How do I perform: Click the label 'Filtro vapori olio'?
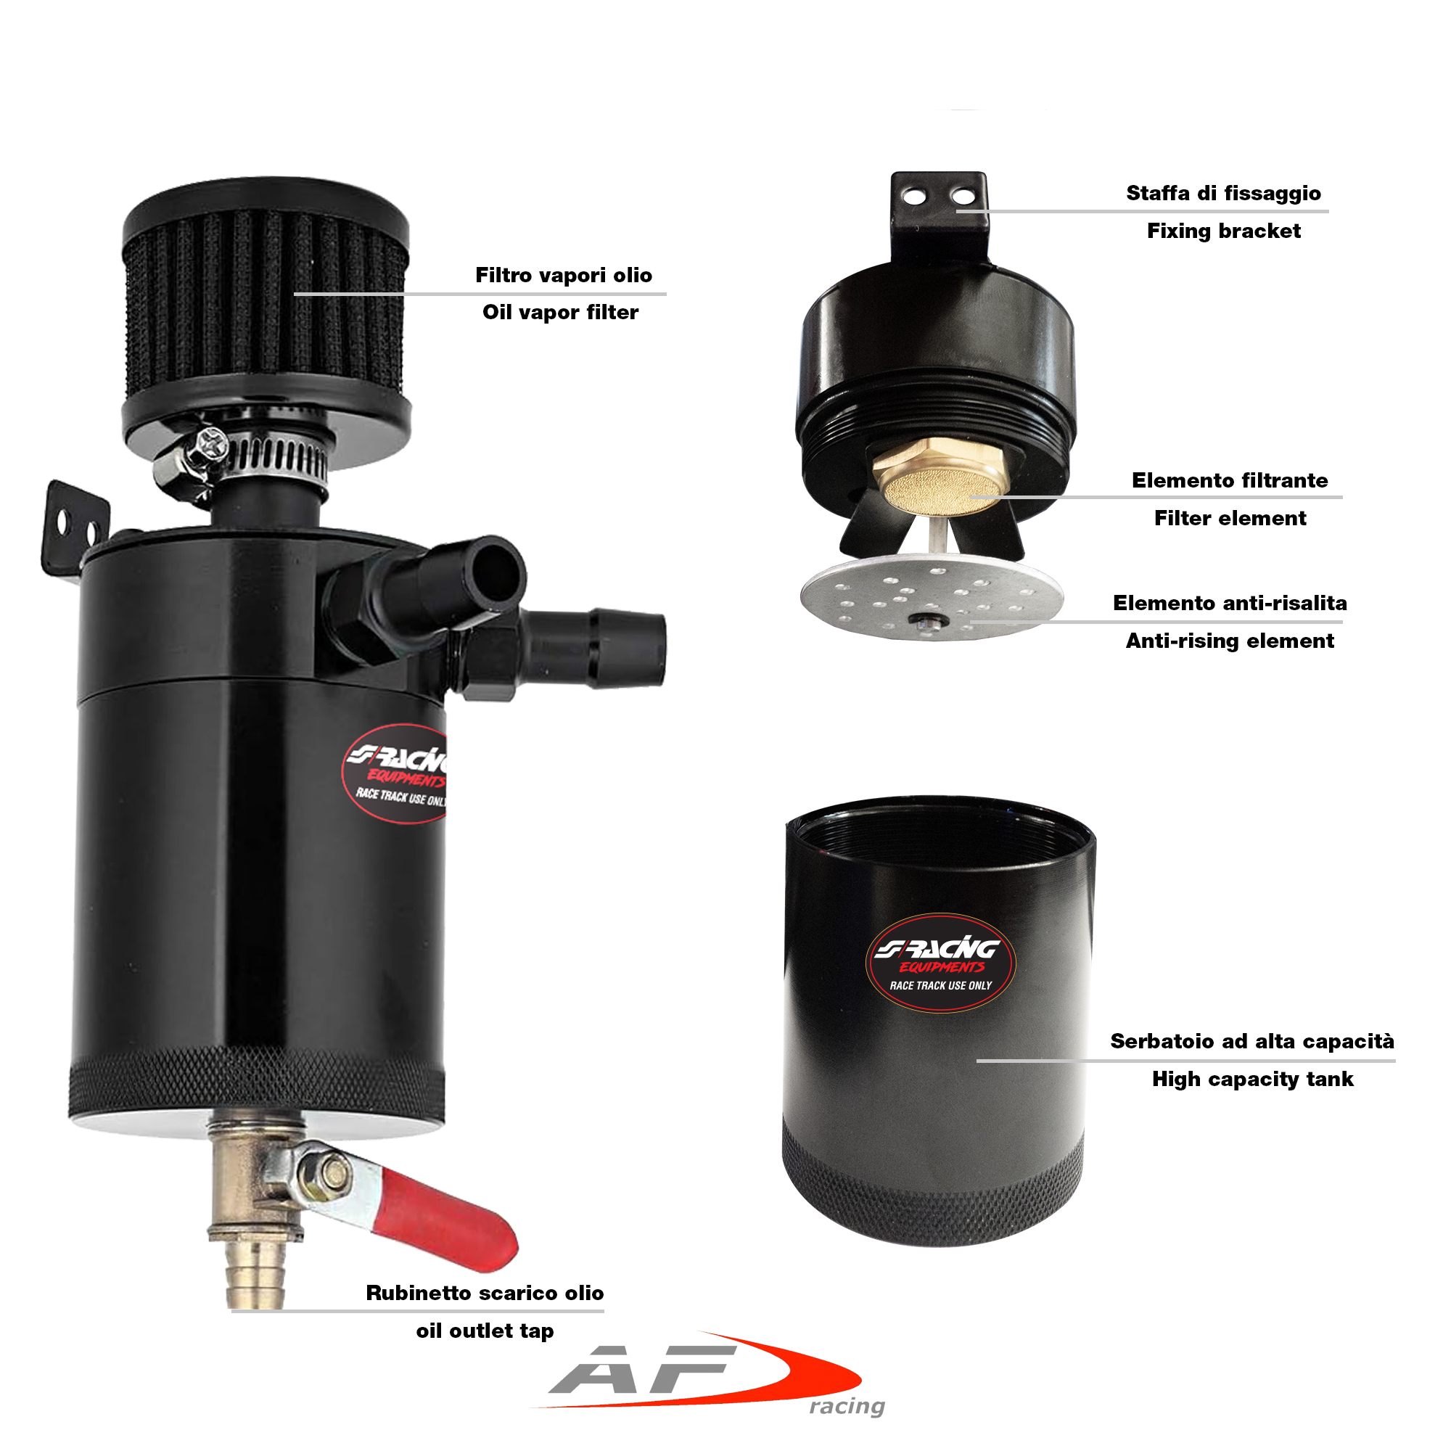point(563,275)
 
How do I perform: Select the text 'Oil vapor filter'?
point(560,313)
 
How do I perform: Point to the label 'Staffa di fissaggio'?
point(1223,193)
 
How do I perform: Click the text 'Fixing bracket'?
point(1223,231)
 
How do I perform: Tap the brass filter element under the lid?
point(940,476)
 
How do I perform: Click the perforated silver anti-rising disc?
point(932,597)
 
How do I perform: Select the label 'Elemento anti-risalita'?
point(1230,603)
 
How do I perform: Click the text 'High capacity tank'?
point(1253,1080)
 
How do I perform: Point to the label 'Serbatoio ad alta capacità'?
point(1252,1041)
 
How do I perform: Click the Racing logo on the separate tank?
point(940,963)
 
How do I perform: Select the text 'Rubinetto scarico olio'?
point(485,1293)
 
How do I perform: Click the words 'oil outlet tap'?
point(485,1330)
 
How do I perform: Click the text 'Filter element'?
point(1230,518)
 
